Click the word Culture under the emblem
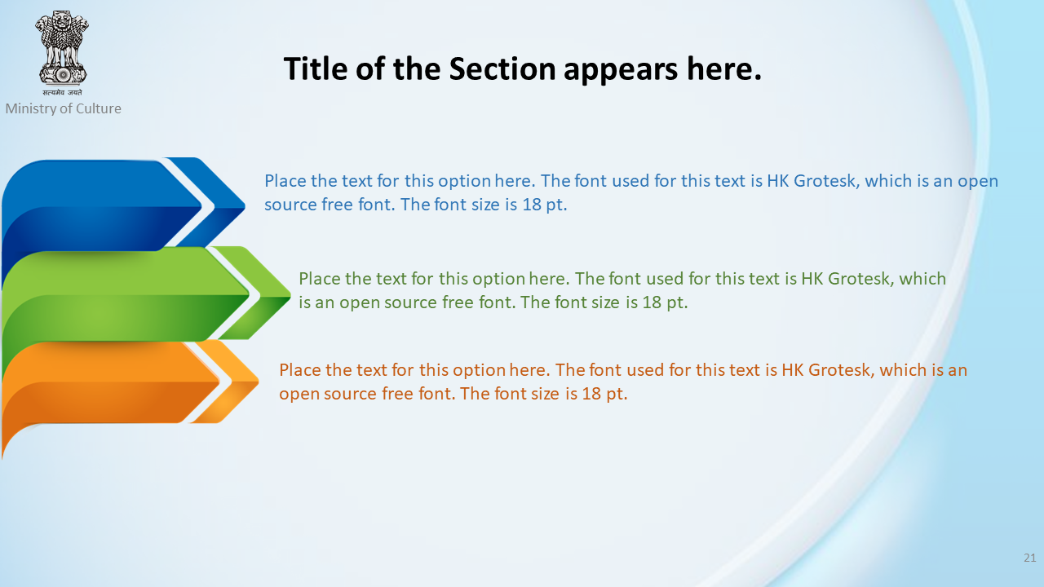99,108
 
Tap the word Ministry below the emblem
30,109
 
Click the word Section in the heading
502,69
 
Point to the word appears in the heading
621,71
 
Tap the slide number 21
1030,558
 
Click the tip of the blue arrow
244,205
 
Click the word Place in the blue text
285,181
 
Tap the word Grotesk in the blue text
826,181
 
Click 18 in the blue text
531,205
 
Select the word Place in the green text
319,279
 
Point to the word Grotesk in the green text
860,279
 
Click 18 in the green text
652,302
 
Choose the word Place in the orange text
299,370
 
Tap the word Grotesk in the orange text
841,370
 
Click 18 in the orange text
591,394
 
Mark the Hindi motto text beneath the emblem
63,92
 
